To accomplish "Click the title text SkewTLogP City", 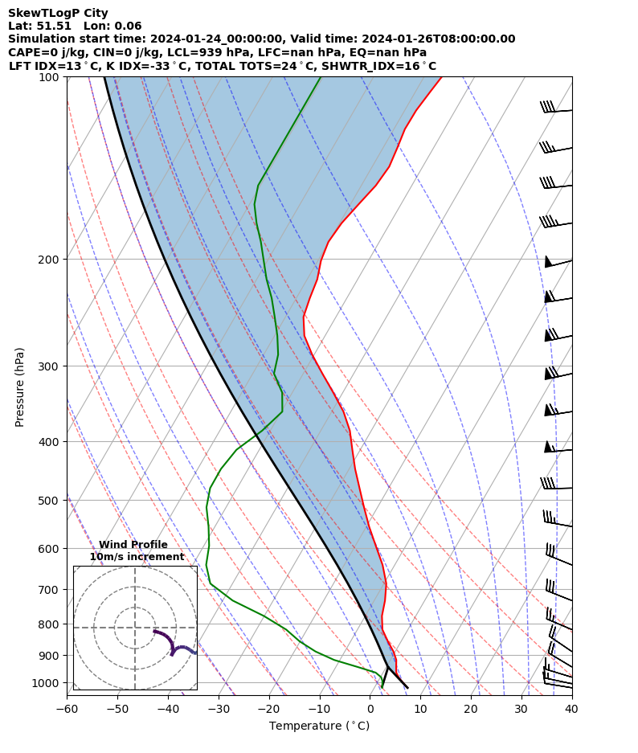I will click(58, 14).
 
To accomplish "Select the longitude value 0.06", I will click(129, 27).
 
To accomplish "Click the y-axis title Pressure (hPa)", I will click(20, 387).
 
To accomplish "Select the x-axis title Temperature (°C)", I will click(319, 726).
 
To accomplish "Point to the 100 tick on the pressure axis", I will click(52, 77).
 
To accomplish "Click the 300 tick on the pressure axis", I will click(52, 366).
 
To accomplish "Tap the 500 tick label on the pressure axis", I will click(52, 501).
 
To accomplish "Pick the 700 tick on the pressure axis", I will click(52, 590).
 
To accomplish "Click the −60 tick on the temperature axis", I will click(67, 710).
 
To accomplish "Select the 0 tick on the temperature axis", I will click(370, 710).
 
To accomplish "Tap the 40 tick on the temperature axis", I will click(571, 710).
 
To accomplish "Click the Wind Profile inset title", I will click(133, 545).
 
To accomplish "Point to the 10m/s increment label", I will click(137, 557).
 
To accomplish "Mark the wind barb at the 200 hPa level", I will click(558, 262).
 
